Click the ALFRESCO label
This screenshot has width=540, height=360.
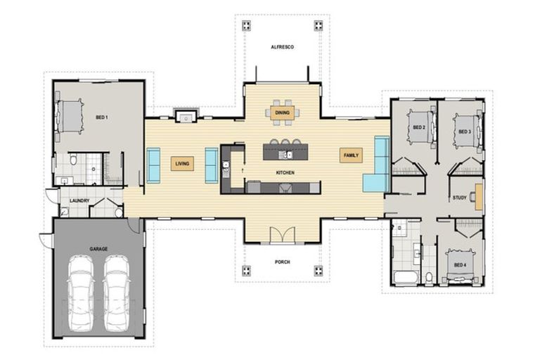pyautogui.click(x=281, y=46)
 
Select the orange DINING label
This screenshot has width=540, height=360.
pyautogui.click(x=281, y=111)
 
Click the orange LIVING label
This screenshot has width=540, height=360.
pyautogui.click(x=182, y=165)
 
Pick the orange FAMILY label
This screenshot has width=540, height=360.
pyautogui.click(x=350, y=155)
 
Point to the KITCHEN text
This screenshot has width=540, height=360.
pyautogui.click(x=285, y=172)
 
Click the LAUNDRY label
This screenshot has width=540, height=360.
pyautogui.click(x=79, y=200)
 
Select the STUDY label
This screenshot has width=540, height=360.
pyautogui.click(x=460, y=198)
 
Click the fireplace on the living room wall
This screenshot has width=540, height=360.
pyautogui.click(x=187, y=115)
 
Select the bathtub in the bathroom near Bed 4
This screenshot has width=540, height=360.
pyautogui.click(x=405, y=276)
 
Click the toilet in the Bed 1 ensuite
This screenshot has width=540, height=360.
pyautogui.click(x=73, y=161)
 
